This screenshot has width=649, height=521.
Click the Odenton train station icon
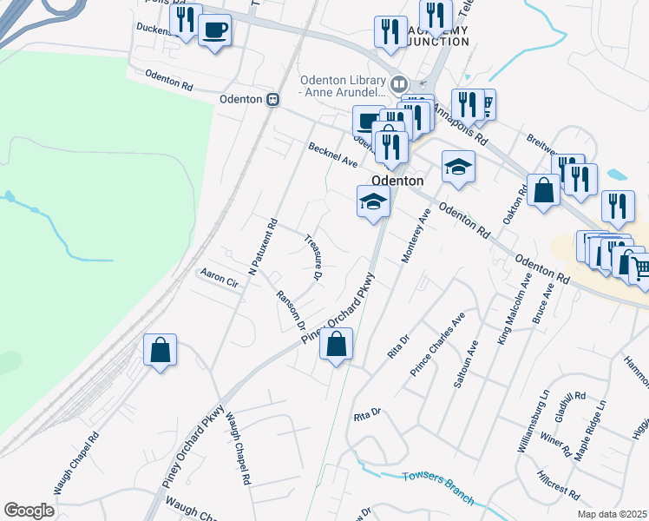point(272,99)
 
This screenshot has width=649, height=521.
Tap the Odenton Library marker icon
point(398,84)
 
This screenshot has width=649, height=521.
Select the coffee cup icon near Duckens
point(214,31)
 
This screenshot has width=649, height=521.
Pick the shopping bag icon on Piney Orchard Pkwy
point(337,345)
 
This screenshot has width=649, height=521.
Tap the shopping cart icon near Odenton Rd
point(638,269)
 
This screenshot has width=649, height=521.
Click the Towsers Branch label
point(438,487)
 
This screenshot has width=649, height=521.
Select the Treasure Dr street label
point(313,257)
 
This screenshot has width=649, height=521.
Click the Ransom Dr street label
point(291,310)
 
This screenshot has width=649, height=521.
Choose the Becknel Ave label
point(333,155)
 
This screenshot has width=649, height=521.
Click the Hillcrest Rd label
point(557,486)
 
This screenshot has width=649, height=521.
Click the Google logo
point(29,511)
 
